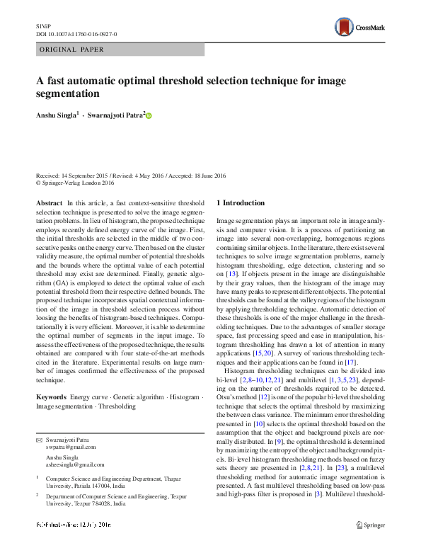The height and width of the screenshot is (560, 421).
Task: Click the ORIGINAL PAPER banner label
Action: (x=72, y=50)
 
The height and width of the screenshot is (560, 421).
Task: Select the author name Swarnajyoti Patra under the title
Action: (x=114, y=115)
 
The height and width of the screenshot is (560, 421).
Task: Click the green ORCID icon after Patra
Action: (x=149, y=115)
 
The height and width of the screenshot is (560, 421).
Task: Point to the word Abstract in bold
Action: (x=49, y=203)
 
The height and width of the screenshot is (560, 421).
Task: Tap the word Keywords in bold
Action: (x=52, y=398)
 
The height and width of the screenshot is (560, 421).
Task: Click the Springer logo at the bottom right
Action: (x=374, y=544)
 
